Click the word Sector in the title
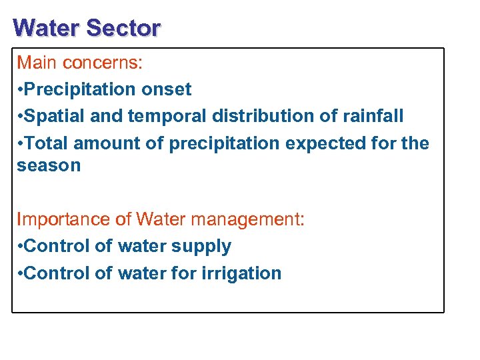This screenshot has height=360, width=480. pos(123,28)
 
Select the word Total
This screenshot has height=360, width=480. pos(47,143)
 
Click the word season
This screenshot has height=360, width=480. pos(49,166)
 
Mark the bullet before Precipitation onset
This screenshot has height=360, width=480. pos(20,90)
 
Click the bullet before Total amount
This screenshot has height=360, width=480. pos(20,143)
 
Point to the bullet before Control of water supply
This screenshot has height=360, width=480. pos(20,247)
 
